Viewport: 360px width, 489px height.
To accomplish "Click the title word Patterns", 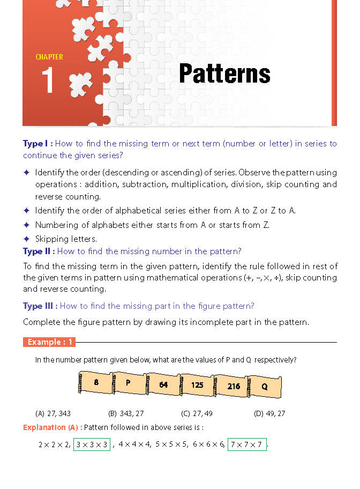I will (224, 73).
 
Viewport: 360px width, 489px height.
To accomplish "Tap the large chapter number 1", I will (48, 81).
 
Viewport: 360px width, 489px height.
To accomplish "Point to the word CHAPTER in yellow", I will (49, 57).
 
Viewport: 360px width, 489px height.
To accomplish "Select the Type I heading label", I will (37, 144).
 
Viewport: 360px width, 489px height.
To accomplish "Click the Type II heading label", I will (39, 251).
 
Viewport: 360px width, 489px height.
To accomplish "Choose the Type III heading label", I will (41, 306).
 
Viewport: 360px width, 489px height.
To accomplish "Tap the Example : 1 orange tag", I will (49, 342).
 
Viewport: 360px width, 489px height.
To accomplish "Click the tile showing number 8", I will (96, 382).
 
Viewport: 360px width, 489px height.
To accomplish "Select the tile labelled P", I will (128, 383).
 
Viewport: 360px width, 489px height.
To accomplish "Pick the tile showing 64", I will (163, 384).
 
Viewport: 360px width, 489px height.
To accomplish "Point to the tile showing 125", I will (197, 385).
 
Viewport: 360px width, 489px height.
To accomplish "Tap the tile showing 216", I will (233, 386).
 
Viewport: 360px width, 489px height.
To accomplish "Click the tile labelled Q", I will (265, 386).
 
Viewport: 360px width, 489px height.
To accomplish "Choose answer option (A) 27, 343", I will (53, 413).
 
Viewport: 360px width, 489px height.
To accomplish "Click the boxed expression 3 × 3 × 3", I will (92, 444).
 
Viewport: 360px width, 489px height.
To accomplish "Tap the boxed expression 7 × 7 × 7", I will (247, 444).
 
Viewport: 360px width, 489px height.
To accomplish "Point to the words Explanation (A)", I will (52, 427).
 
